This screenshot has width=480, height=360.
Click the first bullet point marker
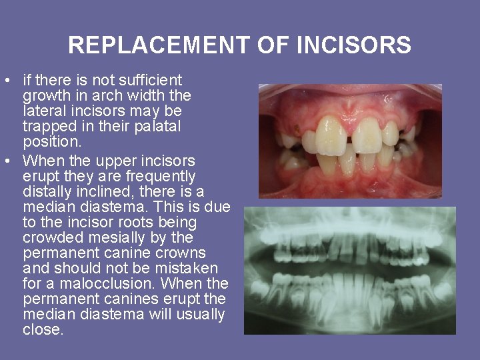pyautogui.click(x=7, y=81)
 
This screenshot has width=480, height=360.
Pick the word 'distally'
pyautogui.click(x=47, y=192)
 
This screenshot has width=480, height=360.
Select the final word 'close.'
pyautogui.click(x=43, y=329)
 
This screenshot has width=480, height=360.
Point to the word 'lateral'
pyautogui.click(x=45, y=111)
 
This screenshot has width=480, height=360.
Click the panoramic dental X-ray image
pyautogui.click(x=349, y=269)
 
